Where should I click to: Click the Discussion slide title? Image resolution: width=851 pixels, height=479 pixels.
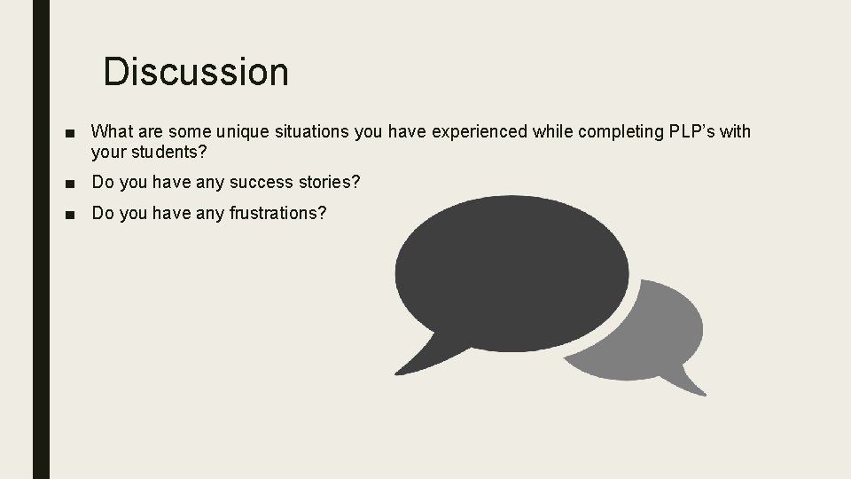[x=196, y=72]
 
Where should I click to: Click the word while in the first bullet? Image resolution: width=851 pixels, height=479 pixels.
[x=554, y=132]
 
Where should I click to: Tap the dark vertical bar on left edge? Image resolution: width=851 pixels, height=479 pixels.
[x=41, y=239]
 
